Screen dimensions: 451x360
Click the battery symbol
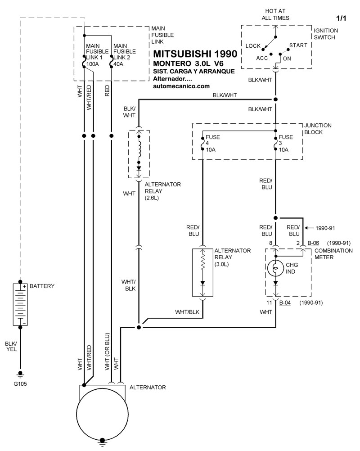21,304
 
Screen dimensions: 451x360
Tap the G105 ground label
20,383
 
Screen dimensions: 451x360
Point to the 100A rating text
92,64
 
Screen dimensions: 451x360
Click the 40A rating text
119,64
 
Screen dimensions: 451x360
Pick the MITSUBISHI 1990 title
195,54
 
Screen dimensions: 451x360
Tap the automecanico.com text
181,86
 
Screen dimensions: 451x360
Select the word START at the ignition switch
298,45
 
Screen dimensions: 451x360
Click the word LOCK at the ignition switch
254,46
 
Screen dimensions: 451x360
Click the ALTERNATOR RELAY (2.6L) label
163,191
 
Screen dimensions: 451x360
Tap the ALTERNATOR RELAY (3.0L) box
203,272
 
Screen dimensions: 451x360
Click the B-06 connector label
314,243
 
